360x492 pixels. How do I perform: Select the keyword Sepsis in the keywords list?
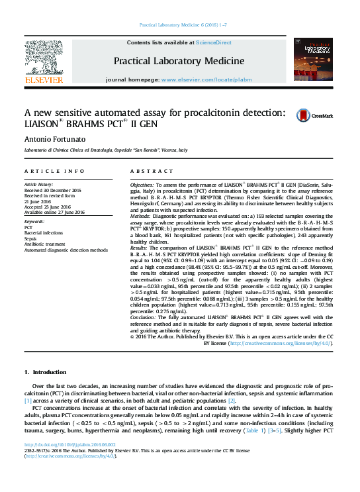click(32, 238)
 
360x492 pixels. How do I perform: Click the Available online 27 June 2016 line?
click(54, 212)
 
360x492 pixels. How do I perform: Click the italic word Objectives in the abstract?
click(142, 183)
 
